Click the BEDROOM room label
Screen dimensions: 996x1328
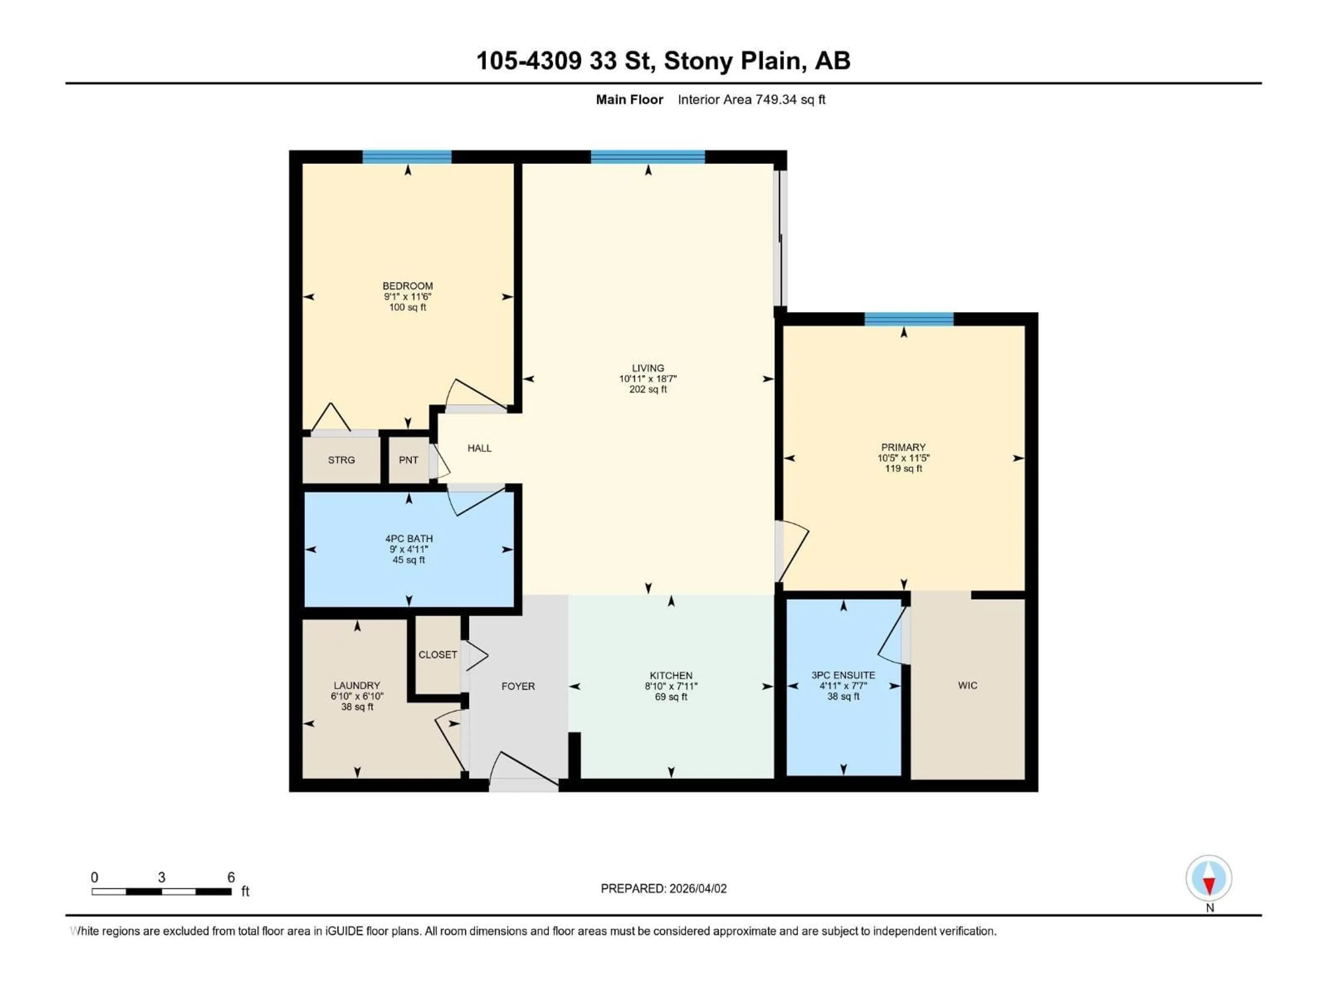[x=408, y=286]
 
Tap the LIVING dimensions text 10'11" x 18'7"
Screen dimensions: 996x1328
[x=648, y=379]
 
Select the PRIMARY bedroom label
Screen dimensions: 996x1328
[x=903, y=447]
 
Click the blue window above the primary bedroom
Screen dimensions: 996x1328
[x=909, y=319]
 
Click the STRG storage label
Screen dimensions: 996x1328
[x=341, y=460]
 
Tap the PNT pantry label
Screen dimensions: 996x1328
[x=408, y=460]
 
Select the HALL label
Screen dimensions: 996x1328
[x=479, y=448]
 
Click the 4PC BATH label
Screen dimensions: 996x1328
[x=409, y=538]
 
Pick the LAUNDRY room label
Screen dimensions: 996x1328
[x=357, y=685]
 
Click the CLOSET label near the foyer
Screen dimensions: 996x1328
[x=438, y=654]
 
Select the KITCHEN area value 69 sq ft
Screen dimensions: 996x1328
[x=671, y=697]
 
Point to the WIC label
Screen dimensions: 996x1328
[x=967, y=685]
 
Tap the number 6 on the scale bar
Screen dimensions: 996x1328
[x=231, y=877]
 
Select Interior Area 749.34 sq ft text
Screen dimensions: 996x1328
[x=751, y=100]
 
